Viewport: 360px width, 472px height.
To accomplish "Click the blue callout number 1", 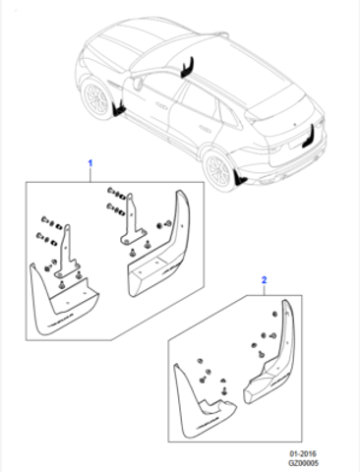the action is coord(90,163).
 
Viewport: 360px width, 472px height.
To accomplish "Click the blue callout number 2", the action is coord(264,280).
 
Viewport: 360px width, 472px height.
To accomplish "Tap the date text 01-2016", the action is coord(303,454).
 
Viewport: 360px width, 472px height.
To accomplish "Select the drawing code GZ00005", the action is coord(303,463).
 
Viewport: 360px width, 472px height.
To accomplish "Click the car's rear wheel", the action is coord(218,170).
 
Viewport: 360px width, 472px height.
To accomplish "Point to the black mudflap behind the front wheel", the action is coord(118,109).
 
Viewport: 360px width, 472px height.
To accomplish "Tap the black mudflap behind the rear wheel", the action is coord(240,178).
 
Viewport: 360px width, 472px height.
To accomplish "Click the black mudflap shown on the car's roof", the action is coord(188,68).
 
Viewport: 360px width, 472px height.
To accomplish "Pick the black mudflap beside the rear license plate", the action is coord(310,137).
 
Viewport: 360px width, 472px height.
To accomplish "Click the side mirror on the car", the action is coord(139,83).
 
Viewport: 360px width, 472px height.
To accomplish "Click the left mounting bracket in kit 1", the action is coord(67,253).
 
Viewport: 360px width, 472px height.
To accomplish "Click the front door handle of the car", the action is coord(162,105).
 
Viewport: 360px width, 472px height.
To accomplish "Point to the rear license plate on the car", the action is coord(293,144).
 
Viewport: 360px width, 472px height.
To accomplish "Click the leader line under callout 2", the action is coord(265,290).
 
